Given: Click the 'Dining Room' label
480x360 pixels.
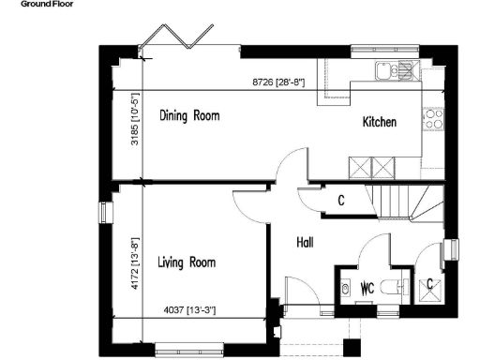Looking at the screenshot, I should click(x=188, y=116).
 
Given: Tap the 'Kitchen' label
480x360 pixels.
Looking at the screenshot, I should click(x=380, y=123).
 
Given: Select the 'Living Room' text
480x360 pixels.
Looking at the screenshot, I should click(x=187, y=262).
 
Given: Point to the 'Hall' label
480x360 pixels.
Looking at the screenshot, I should click(x=305, y=243).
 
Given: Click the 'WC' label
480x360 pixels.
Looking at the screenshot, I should click(x=367, y=288).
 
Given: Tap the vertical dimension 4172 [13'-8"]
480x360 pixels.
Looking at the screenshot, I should click(x=134, y=265).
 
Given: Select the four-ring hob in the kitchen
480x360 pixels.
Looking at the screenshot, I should click(x=433, y=118).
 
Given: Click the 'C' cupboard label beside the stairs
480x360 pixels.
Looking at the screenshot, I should click(x=341, y=200).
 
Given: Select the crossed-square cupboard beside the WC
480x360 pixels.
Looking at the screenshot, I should click(x=430, y=284).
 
